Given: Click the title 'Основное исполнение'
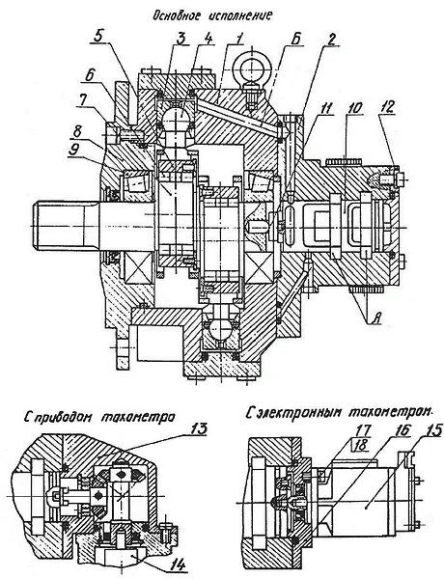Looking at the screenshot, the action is tap(212, 15).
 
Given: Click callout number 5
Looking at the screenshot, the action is tap(97, 36).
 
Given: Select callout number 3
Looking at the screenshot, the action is tap(180, 39).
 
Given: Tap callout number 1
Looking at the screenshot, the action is tap(208, 39).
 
